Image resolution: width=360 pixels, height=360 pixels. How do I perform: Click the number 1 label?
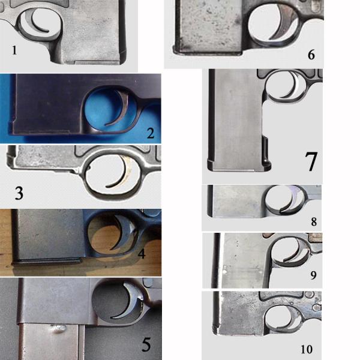click(x=14, y=50)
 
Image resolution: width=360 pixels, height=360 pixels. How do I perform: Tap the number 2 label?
click(x=151, y=133)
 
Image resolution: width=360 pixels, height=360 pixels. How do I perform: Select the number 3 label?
click(x=19, y=193)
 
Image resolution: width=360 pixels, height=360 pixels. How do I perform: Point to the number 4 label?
click(x=142, y=254)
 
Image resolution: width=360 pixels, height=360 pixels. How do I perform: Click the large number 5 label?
click(x=146, y=344)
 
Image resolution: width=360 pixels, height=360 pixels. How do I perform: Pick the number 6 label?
click(x=311, y=55)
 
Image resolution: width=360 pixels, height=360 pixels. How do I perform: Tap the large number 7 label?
click(x=311, y=161)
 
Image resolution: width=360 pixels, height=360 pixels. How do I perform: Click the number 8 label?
click(x=314, y=221)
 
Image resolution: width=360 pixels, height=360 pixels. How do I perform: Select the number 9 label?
click(x=313, y=275)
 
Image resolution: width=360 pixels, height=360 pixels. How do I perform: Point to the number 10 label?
click(x=307, y=349)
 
